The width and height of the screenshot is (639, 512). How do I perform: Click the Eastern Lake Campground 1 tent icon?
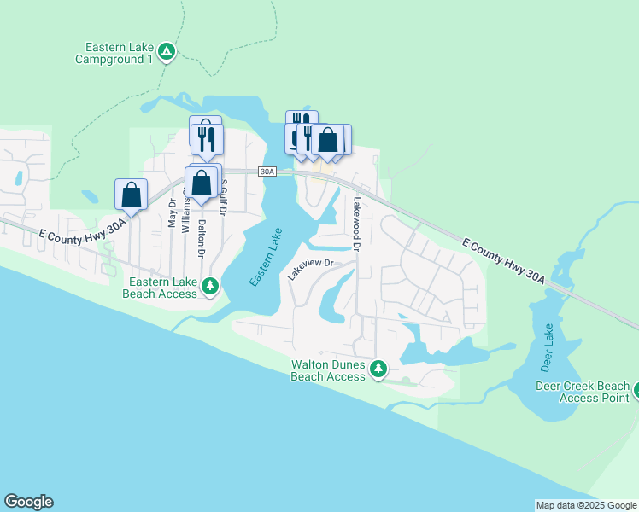pyautogui.click(x=167, y=52)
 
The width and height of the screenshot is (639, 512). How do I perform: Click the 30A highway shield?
pyautogui.click(x=267, y=172)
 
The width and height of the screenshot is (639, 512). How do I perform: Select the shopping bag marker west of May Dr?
pyautogui.click(x=132, y=194)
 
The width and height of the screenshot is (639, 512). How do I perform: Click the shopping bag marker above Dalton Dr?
pyautogui.click(x=201, y=183)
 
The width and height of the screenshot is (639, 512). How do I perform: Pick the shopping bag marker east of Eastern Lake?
pyautogui.click(x=327, y=139)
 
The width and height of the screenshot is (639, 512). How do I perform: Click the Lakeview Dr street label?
pyautogui.click(x=308, y=270)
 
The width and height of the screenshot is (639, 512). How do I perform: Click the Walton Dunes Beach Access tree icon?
pyautogui.click(x=378, y=369)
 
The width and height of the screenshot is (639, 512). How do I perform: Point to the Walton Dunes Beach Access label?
pyautogui.click(x=328, y=370)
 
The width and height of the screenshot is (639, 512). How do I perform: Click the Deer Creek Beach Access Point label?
pyautogui.click(x=582, y=392)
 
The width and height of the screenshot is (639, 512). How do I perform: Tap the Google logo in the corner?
pyautogui.click(x=28, y=502)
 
